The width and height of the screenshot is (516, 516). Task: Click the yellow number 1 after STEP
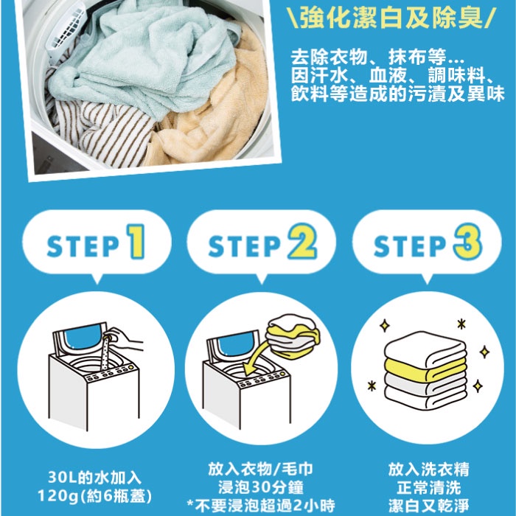click(x=136, y=241)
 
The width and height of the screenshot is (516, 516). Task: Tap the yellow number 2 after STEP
click(x=302, y=241)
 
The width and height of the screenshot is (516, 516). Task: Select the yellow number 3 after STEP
click(x=468, y=241)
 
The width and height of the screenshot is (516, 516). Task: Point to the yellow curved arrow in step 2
click(x=260, y=359)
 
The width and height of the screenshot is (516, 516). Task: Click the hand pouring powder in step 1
click(x=127, y=339)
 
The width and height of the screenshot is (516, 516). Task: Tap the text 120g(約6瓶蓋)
click(x=95, y=495)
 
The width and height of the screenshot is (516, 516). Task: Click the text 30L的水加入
click(x=95, y=477)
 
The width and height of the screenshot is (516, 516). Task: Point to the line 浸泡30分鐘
click(x=261, y=487)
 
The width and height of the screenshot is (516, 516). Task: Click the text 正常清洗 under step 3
click(x=428, y=487)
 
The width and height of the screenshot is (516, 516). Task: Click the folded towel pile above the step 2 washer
click(x=292, y=335)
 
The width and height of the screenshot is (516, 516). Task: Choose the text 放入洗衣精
click(x=428, y=469)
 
